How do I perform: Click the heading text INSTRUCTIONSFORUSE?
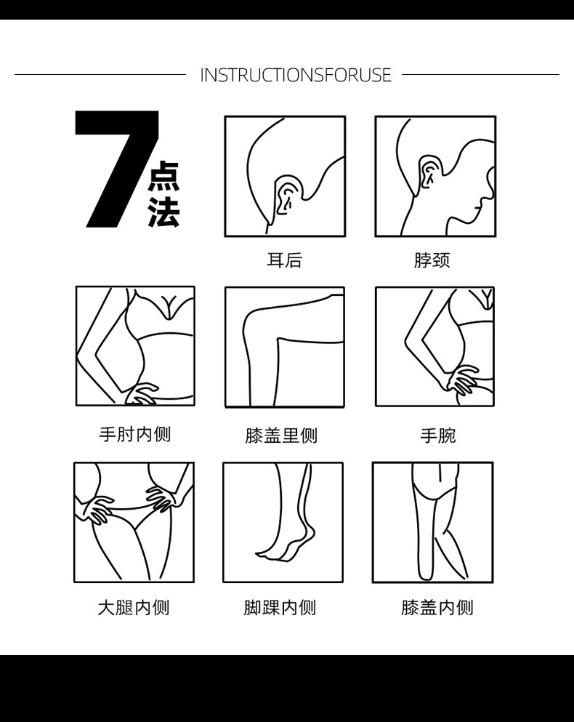point(296,75)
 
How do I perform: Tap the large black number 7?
point(117,169)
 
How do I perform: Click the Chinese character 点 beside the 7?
point(164,177)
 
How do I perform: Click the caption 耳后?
point(285,260)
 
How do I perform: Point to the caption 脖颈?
point(432,260)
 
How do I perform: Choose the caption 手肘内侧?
point(135,434)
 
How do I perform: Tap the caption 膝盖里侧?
point(281,435)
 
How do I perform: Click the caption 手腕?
point(437,435)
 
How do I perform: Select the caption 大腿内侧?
point(134,608)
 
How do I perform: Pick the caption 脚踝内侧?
point(280,608)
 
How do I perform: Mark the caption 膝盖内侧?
point(437,608)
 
